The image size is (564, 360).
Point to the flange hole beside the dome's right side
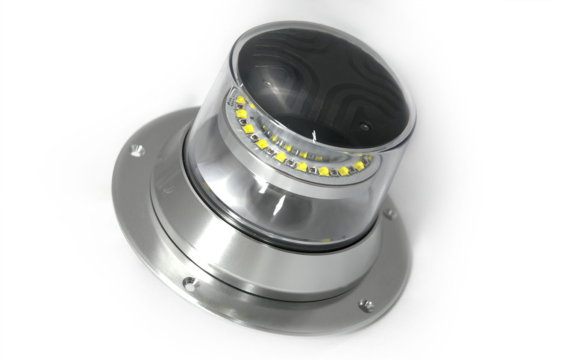[x=391, y=215]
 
